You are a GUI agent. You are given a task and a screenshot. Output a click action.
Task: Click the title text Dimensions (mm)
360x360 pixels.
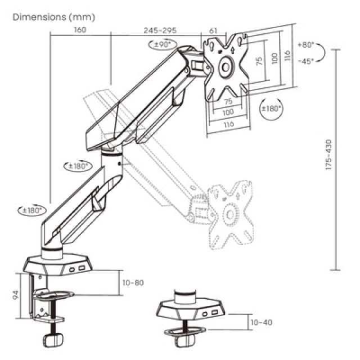click(x=53, y=17)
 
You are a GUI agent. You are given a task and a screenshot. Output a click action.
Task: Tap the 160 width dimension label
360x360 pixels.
click(x=79, y=30)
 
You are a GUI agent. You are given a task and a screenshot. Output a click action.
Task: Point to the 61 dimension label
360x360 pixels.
click(x=213, y=30)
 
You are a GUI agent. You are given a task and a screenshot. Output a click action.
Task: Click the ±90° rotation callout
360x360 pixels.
click(x=163, y=43)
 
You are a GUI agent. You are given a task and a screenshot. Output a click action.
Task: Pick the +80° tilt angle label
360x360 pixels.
click(x=307, y=45)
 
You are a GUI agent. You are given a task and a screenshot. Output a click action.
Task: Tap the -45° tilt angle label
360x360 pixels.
click(x=307, y=61)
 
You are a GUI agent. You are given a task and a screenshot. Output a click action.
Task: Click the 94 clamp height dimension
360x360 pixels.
click(x=17, y=294)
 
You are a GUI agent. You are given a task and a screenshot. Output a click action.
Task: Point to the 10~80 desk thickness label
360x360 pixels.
click(x=132, y=282)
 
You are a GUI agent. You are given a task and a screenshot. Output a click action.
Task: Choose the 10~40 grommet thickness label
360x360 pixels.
click(x=260, y=322)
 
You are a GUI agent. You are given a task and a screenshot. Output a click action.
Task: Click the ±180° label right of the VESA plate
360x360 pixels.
click(x=271, y=108)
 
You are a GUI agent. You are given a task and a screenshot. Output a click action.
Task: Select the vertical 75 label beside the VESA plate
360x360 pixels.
click(x=259, y=61)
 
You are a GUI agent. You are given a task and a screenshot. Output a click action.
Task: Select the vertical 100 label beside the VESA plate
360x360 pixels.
click(x=274, y=58)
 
